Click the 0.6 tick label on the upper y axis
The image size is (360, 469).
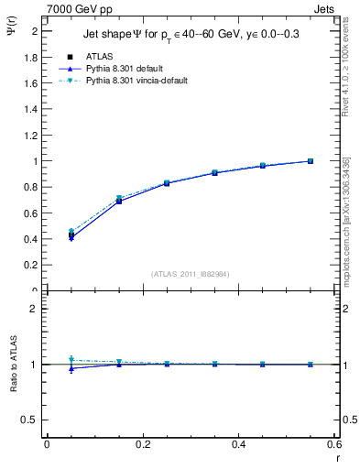(34, 213)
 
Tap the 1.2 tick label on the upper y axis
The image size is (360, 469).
(34, 136)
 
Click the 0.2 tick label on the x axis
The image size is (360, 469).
(142, 445)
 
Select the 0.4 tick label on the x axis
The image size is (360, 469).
(238, 445)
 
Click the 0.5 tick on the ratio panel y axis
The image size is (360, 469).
(34, 420)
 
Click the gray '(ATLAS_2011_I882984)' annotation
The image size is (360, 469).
(191, 273)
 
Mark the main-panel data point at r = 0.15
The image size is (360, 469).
(119, 200)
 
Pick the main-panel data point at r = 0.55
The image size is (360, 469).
(311, 161)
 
